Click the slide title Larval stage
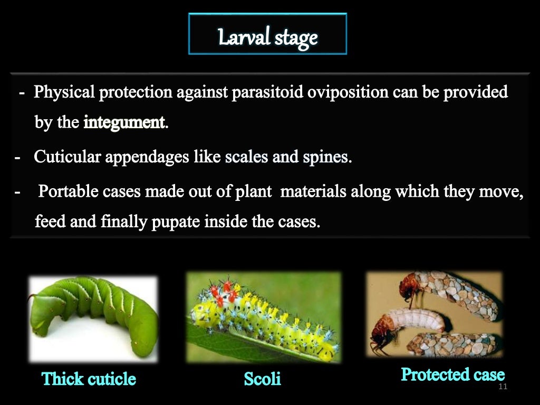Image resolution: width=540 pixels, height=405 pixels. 268,38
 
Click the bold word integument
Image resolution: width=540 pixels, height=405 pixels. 124,123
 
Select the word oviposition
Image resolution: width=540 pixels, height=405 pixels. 342,92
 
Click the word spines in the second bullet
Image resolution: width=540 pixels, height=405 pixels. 330,157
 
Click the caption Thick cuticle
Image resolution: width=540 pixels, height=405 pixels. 89,379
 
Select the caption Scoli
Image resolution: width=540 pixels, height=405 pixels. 263,379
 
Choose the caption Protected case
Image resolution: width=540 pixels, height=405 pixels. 452,374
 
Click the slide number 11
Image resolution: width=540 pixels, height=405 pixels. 502,388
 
